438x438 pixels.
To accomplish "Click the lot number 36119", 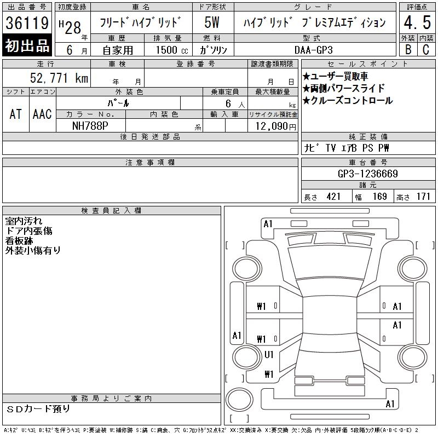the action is [27, 23].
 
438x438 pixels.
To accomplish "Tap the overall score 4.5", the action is [417, 22].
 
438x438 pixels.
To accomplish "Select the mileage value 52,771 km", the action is [59, 78].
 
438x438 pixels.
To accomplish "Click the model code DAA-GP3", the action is [313, 50].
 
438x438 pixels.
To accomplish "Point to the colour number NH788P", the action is [90, 126].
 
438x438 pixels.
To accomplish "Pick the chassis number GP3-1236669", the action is [367, 174].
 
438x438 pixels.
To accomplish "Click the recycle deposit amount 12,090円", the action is [275, 126].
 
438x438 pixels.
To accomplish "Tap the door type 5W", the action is [212, 22].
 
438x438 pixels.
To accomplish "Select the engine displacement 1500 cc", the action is [172, 50].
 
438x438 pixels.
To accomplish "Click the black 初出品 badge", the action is [27, 45].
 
